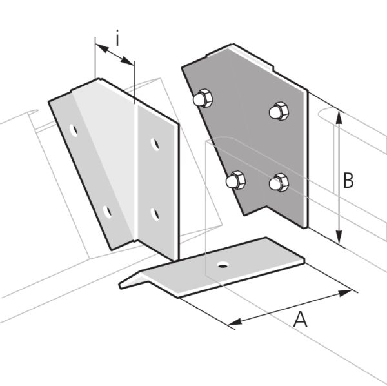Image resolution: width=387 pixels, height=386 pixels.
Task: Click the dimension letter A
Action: (301, 320)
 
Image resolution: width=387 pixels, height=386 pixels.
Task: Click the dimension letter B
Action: (348, 181)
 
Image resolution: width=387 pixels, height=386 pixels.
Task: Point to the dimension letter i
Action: (118, 38)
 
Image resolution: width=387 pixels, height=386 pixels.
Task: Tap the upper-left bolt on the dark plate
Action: (203, 98)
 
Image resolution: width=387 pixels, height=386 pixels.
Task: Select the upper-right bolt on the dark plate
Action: (279, 111)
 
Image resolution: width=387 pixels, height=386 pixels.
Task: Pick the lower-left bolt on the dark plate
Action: (235, 180)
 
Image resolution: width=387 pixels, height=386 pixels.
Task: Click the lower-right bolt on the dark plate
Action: (279, 183)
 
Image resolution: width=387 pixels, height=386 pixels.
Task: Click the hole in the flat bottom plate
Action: (223, 265)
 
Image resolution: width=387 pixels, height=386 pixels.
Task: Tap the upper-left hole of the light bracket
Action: (74, 130)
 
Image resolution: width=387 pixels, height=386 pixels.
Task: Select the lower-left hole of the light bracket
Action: (107, 212)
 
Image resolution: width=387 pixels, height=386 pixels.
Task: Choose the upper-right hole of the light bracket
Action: (155, 145)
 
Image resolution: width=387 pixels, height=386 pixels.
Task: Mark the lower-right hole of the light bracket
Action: (155, 214)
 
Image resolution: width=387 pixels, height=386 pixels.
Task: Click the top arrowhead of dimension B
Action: (340, 118)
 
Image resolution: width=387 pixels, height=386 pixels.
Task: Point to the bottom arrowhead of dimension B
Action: (340, 237)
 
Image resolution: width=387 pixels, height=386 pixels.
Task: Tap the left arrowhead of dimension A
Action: (235, 321)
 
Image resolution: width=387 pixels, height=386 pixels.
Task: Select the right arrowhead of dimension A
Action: (345, 293)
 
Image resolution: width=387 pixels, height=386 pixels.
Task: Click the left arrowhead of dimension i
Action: (102, 48)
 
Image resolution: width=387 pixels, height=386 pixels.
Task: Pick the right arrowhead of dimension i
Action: (128, 61)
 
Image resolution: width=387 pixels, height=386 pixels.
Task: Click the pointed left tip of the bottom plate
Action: (120, 286)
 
